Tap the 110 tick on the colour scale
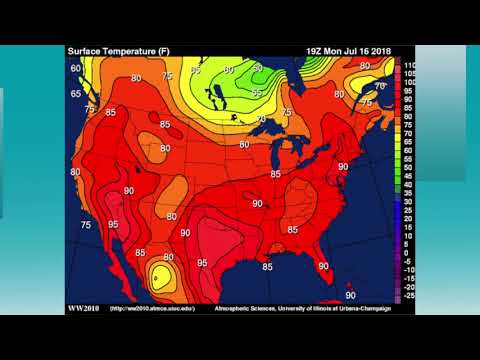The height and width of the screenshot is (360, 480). click(409, 63)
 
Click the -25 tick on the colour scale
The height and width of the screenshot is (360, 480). click(409, 297)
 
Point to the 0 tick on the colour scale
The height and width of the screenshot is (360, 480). click(407, 253)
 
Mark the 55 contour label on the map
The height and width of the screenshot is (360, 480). click(257, 93)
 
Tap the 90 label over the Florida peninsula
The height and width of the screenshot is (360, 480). click(323, 265)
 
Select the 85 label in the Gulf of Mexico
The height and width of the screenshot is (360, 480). click(267, 267)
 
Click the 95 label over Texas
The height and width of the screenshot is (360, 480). click(203, 263)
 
